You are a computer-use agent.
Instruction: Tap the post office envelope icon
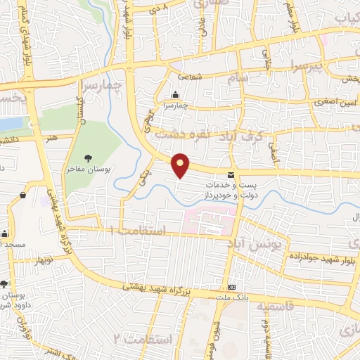point(231,174)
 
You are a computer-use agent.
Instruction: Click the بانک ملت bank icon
point(231,288)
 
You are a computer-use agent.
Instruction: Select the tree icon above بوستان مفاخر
point(88,158)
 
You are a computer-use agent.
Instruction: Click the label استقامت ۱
point(138,231)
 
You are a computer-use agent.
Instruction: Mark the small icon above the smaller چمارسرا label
point(176,95)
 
